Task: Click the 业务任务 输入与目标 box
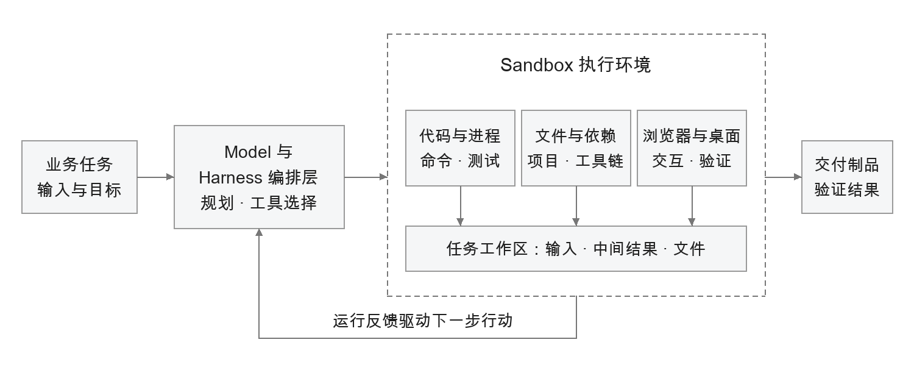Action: click(x=80, y=177)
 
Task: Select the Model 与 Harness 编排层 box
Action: click(x=259, y=177)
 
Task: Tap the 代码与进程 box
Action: click(x=460, y=148)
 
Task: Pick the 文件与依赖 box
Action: click(x=576, y=148)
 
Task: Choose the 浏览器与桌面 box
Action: click(x=692, y=148)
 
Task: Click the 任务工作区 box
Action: click(x=576, y=249)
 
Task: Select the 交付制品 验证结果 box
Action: click(x=847, y=177)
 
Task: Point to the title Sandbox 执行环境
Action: click(x=575, y=65)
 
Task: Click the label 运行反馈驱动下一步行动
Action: click(x=423, y=321)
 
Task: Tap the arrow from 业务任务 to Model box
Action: click(x=156, y=177)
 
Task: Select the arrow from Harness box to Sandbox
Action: click(x=366, y=177)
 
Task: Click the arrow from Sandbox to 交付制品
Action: click(x=784, y=177)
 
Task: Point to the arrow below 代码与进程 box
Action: click(x=460, y=206)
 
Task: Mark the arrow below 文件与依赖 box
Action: click(x=576, y=206)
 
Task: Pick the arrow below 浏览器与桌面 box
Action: click(x=692, y=206)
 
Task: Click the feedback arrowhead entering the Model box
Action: click(x=259, y=232)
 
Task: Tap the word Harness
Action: click(x=230, y=177)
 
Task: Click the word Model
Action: click(x=247, y=152)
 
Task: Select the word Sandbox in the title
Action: click(x=537, y=65)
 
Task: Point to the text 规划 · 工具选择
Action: click(x=259, y=203)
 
